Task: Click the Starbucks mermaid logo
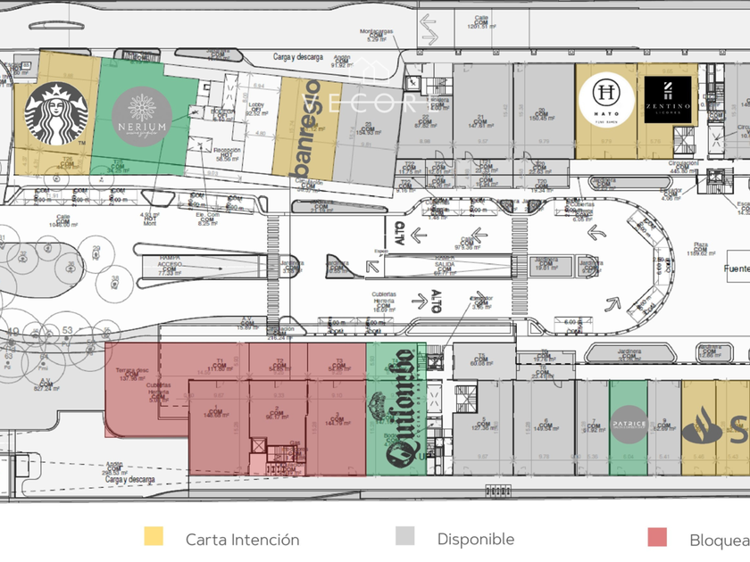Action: click(54, 114)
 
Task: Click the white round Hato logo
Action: click(606, 100)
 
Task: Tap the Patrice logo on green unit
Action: click(628, 419)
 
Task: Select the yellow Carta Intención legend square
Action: click(154, 536)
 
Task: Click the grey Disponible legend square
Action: click(405, 536)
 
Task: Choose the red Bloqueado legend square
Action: click(656, 536)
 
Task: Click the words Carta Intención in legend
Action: click(242, 540)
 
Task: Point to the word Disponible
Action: click(475, 539)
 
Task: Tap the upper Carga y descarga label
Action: click(298, 57)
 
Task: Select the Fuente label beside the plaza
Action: click(737, 268)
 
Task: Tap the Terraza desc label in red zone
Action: click(132, 370)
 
